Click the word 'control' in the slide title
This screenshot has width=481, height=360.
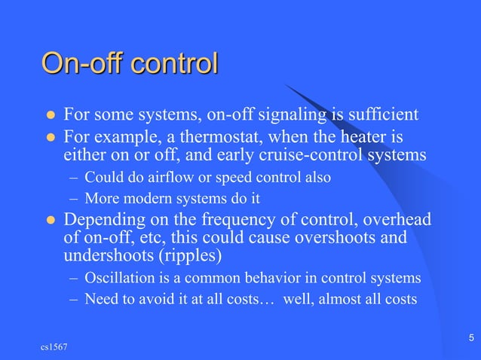[173, 63]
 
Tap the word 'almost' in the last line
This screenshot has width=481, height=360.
[348, 299]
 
